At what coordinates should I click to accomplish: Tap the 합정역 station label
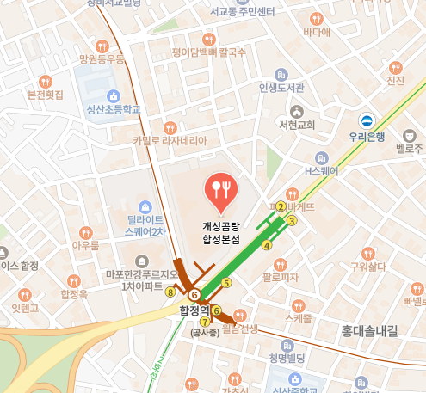pyautogui.click(x=193, y=310)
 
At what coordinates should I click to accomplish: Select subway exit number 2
pyautogui.click(x=281, y=206)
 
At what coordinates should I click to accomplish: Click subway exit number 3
pyautogui.click(x=292, y=221)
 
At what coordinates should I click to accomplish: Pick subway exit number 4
pyautogui.click(x=267, y=245)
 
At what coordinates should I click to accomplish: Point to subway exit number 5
pyautogui.click(x=227, y=282)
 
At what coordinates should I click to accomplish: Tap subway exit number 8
pyautogui.click(x=170, y=292)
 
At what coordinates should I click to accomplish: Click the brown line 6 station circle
pyautogui.click(x=194, y=295)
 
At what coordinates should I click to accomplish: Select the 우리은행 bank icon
pyautogui.click(x=367, y=120)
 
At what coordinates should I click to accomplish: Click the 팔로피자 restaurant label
pyautogui.click(x=281, y=277)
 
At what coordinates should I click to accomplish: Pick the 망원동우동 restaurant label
pyautogui.click(x=102, y=59)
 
